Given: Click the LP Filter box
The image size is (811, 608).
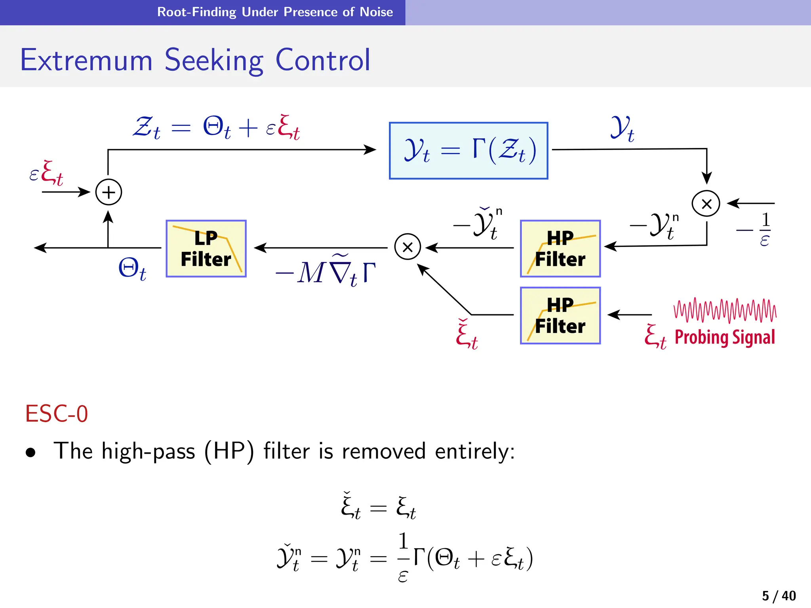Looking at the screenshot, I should pyautogui.click(x=206, y=249).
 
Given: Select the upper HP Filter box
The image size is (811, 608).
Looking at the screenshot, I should pyautogui.click(x=560, y=249).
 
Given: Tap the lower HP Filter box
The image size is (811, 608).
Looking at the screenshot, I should pyautogui.click(x=560, y=315).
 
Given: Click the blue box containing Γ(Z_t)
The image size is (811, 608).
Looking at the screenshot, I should pyautogui.click(x=468, y=151).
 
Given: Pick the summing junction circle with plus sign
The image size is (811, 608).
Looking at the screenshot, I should pyautogui.click(x=109, y=192).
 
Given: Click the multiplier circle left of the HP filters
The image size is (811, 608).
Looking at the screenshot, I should pyautogui.click(x=407, y=247).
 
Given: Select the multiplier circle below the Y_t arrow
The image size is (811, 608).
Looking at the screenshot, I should pyautogui.click(x=706, y=204).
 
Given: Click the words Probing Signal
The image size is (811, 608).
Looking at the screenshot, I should pyautogui.click(x=725, y=337).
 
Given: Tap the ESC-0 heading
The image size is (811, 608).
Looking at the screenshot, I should pyautogui.click(x=56, y=414).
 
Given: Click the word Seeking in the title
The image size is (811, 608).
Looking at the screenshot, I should pyautogui.click(x=214, y=60).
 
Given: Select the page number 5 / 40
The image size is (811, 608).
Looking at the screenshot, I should pyautogui.click(x=779, y=596).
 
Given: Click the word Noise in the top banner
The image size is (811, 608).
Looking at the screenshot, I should pyautogui.click(x=376, y=12).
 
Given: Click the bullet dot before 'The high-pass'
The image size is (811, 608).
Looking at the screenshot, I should pyautogui.click(x=30, y=452).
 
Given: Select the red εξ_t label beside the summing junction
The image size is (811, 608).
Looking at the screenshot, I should pyautogui.click(x=46, y=173).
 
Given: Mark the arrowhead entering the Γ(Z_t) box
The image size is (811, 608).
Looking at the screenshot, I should pyautogui.click(x=370, y=150).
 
